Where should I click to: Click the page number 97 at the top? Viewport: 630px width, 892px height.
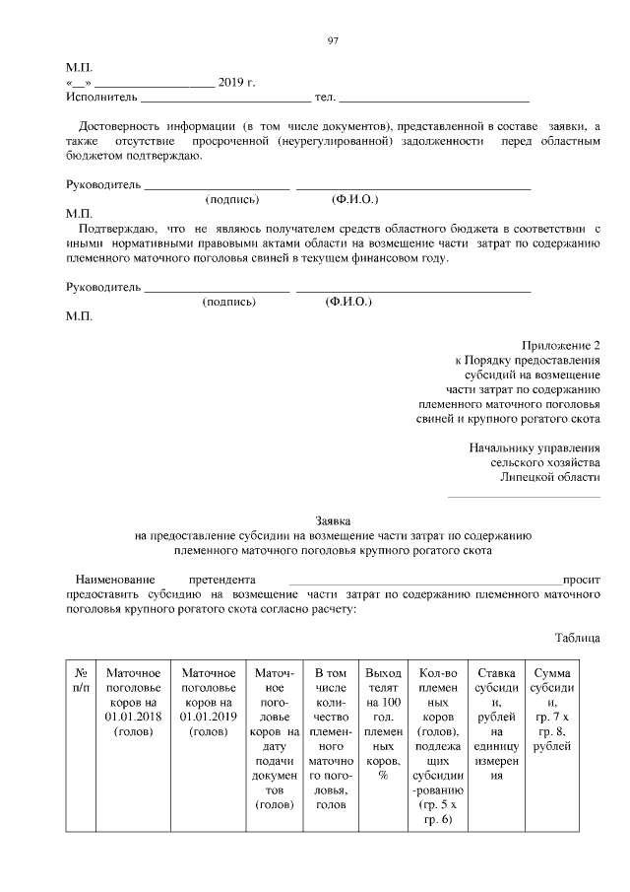tap(332, 39)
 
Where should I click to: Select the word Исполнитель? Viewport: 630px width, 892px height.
tap(100, 99)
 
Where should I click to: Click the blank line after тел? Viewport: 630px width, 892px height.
tap(434, 101)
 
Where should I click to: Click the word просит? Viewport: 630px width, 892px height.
tap(581, 581)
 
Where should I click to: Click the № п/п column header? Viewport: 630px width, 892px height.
tap(83, 680)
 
